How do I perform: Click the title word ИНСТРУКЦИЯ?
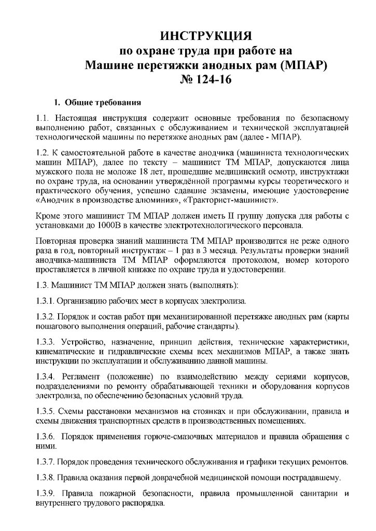point(206,37)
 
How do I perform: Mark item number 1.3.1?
point(45,301)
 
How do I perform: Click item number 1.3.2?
point(45,317)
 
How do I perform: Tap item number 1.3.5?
point(45,412)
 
